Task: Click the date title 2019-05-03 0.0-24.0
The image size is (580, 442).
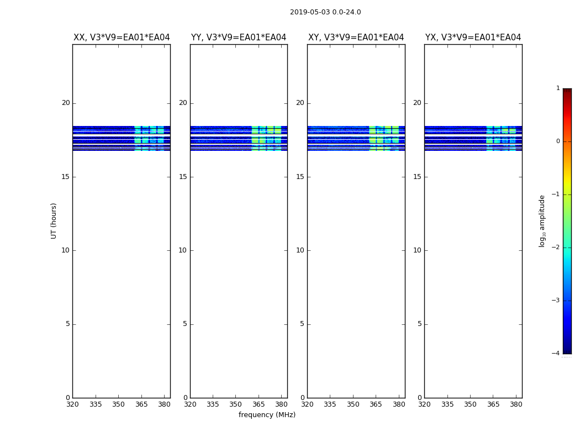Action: [x=325, y=12]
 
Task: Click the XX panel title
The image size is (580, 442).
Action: [x=122, y=38]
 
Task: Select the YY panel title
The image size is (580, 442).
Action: [x=239, y=38]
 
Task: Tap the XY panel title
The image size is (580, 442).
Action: [x=356, y=38]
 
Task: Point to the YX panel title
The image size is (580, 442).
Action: [x=473, y=38]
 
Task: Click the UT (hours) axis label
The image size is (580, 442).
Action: [x=54, y=220]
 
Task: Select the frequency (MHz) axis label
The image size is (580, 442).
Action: [x=267, y=415]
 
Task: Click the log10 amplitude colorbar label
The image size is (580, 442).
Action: [x=542, y=220]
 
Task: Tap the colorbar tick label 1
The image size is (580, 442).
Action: [x=558, y=88]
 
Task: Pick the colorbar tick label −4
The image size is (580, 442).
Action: [x=556, y=354]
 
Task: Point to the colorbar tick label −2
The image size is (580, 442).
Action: [x=556, y=248]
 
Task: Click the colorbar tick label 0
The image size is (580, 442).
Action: [x=558, y=141]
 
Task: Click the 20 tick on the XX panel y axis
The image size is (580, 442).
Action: [x=66, y=103]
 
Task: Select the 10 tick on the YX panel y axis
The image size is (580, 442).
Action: [x=418, y=250]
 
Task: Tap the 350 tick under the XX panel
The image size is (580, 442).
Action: [x=118, y=404]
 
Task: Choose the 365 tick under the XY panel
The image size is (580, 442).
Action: [x=376, y=404]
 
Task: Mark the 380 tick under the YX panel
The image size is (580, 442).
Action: [x=516, y=404]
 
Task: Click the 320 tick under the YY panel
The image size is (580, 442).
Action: [x=190, y=404]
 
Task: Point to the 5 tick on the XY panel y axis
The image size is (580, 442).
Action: [x=302, y=324]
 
